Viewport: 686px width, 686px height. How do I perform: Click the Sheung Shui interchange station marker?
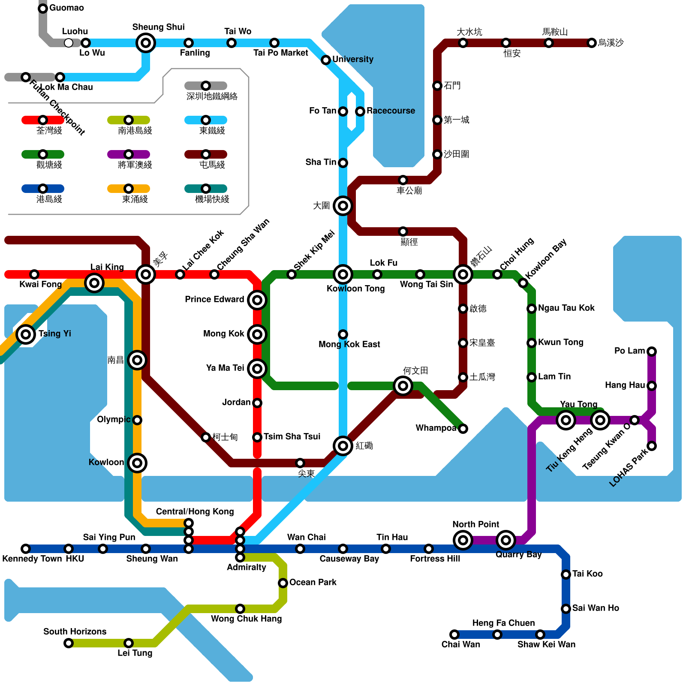146,43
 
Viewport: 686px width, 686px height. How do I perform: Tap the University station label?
352,59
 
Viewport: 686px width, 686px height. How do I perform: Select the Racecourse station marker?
360,111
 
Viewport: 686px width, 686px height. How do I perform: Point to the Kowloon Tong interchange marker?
343,274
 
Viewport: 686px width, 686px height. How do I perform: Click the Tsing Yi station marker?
26,334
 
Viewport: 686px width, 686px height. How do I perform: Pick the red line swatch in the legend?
43,120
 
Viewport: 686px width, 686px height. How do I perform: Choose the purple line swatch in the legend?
129,154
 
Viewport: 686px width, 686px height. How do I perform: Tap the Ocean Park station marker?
283,583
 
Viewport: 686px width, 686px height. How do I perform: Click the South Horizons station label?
75,632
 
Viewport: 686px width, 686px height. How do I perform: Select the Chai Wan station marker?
454,635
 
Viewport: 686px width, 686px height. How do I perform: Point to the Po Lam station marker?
652,352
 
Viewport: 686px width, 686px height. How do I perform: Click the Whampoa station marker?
463,429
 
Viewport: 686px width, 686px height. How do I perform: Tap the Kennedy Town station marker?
26,549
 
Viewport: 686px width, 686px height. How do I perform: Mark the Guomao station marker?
43,9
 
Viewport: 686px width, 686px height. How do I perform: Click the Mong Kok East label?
349,344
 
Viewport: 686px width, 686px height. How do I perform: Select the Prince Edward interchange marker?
257,300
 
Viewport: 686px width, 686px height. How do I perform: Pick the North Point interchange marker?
463,540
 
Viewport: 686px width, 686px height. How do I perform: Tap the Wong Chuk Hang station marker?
240,609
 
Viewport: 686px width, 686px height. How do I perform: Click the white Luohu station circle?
69,43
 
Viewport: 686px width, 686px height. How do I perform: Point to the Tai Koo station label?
587,574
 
